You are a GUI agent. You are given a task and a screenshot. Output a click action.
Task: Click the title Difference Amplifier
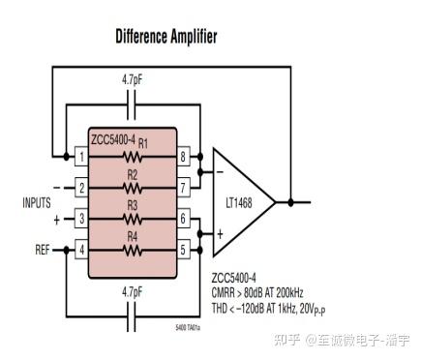tap(165, 37)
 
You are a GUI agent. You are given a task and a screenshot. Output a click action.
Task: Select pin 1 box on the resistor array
tap(81, 155)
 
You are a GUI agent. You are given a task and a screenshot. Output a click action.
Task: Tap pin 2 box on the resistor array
tap(81, 187)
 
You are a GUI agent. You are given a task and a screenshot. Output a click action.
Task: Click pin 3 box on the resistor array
tap(81, 219)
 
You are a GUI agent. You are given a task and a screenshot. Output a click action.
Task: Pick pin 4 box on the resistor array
tap(81, 250)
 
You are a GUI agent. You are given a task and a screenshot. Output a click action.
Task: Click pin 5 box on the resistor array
tap(183, 250)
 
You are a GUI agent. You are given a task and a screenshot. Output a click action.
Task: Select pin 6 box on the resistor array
tap(183, 219)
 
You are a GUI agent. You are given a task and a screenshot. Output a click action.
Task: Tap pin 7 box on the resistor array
tap(183, 187)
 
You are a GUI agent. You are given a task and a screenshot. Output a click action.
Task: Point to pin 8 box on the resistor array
tap(183, 155)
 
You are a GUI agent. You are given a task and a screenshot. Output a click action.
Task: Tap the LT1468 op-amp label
tap(238, 202)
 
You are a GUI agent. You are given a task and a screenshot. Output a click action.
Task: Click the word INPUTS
tap(36, 203)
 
